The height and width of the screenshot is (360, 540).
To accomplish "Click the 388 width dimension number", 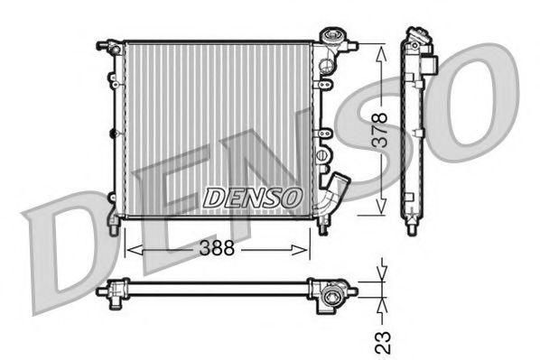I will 216,248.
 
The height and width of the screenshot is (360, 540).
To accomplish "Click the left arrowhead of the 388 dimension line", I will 126,248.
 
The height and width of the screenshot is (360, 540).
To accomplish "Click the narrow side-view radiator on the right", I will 415,126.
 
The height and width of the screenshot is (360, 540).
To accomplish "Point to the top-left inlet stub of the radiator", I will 107,43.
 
